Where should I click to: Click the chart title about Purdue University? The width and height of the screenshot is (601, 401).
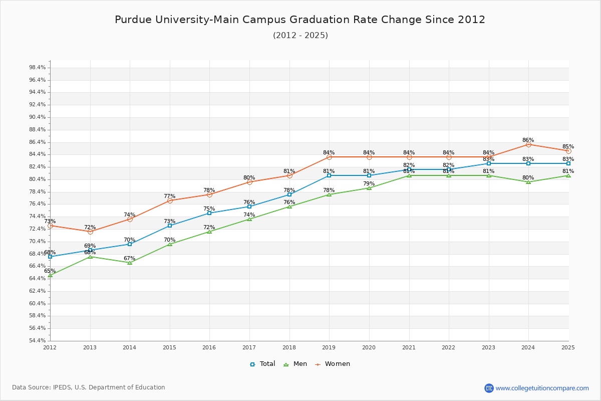pyautogui.click(x=300, y=20)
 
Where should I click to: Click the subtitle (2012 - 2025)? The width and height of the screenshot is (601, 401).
pyautogui.click(x=300, y=36)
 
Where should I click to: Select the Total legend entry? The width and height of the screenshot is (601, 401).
pyautogui.click(x=262, y=364)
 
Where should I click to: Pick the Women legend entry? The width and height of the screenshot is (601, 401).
pyautogui.click(x=333, y=364)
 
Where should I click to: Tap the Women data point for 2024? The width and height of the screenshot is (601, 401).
pyautogui.click(x=528, y=144)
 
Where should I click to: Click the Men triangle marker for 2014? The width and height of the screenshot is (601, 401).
pyautogui.click(x=130, y=263)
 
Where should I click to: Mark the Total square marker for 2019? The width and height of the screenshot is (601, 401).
pyautogui.click(x=329, y=175)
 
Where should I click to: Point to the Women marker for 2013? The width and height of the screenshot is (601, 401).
pyautogui.click(x=90, y=232)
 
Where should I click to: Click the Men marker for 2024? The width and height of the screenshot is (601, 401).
pyautogui.click(x=528, y=182)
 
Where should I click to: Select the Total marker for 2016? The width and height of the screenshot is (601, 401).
pyautogui.click(x=209, y=213)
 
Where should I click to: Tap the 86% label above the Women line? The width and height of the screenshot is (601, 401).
pyautogui.click(x=528, y=140)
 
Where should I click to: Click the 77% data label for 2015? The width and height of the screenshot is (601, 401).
pyautogui.click(x=169, y=196)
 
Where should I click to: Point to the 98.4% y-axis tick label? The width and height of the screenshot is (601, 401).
pyautogui.click(x=38, y=68)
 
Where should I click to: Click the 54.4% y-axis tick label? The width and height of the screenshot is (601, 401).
pyautogui.click(x=38, y=341)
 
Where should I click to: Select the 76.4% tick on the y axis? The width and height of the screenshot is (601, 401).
pyautogui.click(x=38, y=204)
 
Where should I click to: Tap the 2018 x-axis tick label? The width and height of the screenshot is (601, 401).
pyautogui.click(x=289, y=347)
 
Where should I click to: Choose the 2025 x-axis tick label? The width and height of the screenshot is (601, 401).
pyautogui.click(x=568, y=347)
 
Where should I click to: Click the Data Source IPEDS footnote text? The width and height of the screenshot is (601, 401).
pyautogui.click(x=89, y=387)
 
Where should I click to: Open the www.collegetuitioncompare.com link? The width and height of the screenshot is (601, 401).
pyautogui.click(x=542, y=388)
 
